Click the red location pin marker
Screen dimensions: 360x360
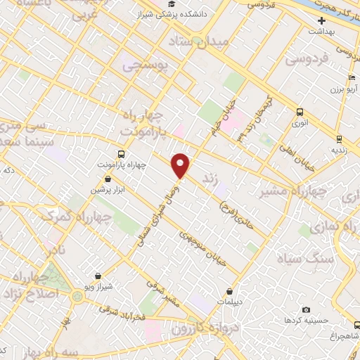tap(181, 166)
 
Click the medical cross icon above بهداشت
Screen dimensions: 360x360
tap(321, 20)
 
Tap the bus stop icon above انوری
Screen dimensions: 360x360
tap(301, 112)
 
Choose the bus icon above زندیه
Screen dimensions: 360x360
tap(338, 139)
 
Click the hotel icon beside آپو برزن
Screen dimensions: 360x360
tap(351, 78)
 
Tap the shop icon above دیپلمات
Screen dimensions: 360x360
tap(231, 292)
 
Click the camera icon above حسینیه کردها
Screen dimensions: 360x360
tap(306, 309)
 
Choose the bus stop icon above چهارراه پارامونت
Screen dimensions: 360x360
tap(121, 154)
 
